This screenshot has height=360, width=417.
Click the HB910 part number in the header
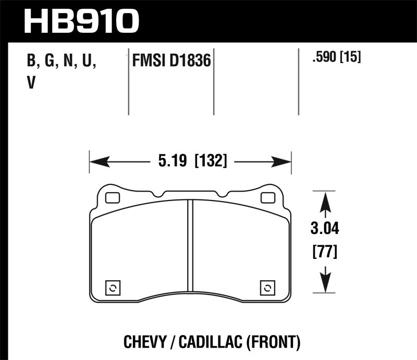point(82,21)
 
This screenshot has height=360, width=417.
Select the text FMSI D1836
point(171,61)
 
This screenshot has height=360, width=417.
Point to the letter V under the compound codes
point(31,83)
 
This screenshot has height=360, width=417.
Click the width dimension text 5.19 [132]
point(192,162)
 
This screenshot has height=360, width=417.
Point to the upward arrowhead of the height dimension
point(325,201)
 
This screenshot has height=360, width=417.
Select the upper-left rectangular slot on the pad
point(112,198)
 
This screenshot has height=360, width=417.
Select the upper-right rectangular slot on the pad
point(268,198)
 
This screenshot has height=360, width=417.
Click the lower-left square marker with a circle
point(113,288)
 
